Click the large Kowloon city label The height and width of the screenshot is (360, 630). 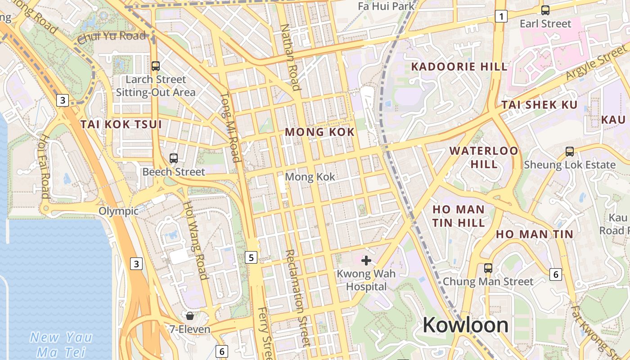465,324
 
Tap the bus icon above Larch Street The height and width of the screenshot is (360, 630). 156,66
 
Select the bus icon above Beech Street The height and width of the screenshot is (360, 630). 174,158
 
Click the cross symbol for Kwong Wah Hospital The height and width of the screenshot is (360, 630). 366,260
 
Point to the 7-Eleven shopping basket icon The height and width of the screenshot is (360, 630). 190,315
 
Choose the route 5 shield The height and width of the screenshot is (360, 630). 251,257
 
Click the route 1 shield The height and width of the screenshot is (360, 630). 501,17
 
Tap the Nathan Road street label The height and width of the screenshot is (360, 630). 290,57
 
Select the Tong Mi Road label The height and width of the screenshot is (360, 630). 230,127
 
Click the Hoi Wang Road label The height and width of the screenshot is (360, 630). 194,240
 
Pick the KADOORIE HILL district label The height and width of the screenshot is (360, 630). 459,67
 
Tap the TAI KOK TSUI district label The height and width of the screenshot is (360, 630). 121,124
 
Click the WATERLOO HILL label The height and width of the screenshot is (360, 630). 484,157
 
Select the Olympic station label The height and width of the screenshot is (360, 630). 118,211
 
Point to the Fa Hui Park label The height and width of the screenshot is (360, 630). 386,6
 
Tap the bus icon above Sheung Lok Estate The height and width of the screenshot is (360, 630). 570,152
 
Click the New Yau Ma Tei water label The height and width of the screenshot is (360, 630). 61,345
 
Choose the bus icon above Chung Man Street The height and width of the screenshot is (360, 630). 488,268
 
